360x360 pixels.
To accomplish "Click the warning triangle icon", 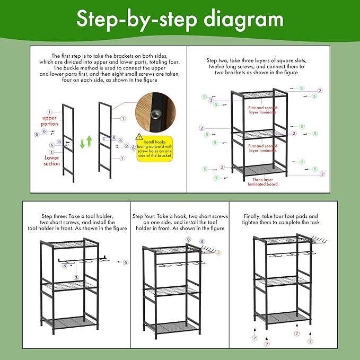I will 139,136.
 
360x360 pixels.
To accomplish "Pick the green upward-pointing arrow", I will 90,142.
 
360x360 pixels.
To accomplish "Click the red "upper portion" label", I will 49,120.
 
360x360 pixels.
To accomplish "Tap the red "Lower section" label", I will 51,161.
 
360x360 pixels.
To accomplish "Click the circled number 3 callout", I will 76,277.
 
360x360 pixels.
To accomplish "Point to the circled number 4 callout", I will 218,252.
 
